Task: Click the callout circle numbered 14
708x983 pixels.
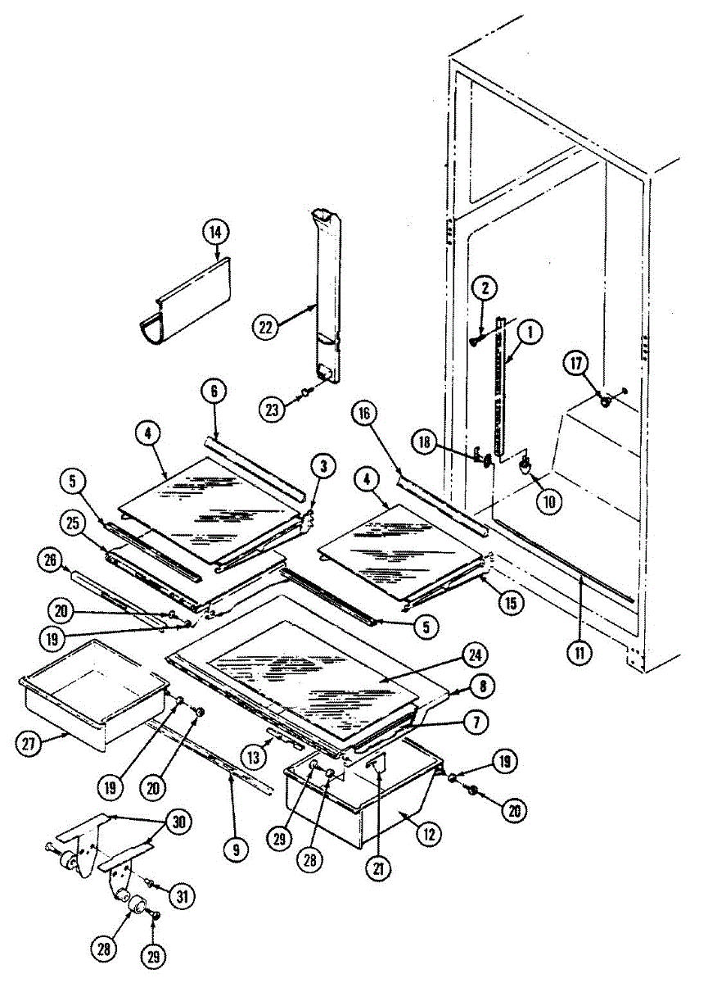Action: [214, 233]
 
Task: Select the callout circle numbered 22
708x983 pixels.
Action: [265, 326]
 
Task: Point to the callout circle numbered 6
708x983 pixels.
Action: [214, 392]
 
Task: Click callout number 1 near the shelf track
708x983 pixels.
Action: [530, 333]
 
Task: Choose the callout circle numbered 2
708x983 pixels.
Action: [485, 288]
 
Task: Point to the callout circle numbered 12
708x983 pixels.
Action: [429, 835]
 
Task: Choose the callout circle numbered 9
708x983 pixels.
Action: [236, 849]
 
